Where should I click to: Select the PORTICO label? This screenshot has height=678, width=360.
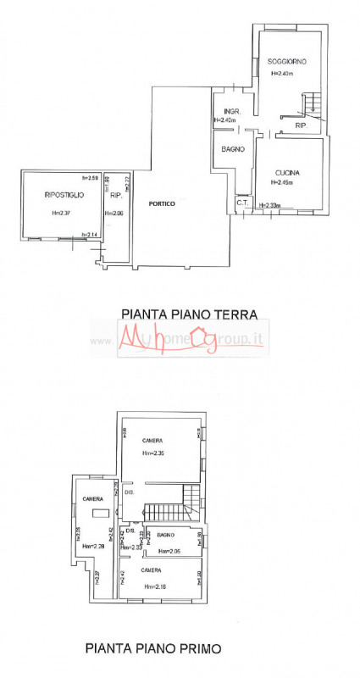click(x=161, y=203)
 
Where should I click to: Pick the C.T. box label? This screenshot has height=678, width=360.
click(x=241, y=203)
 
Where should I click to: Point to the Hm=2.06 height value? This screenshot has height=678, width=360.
click(x=114, y=213)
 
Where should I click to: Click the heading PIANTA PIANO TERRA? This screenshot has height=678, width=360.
click(x=189, y=314)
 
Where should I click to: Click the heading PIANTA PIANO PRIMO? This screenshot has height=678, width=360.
click(x=153, y=648)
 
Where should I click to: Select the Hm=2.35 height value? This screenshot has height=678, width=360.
click(x=153, y=453)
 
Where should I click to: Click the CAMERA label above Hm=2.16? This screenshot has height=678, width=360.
click(x=152, y=570)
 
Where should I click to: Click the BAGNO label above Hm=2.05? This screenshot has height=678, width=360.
click(x=165, y=535)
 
